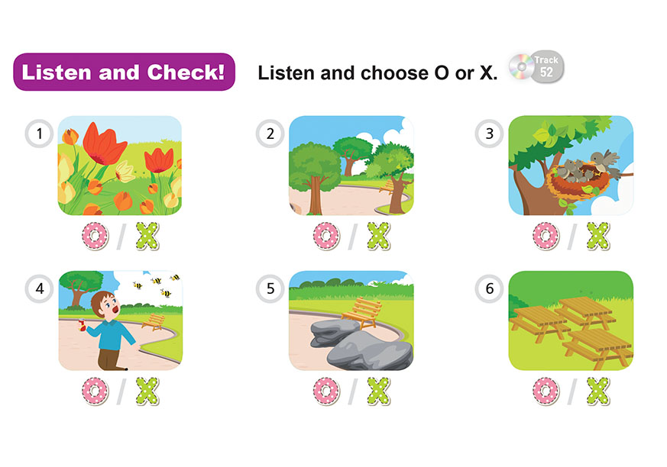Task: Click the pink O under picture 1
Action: [96, 237]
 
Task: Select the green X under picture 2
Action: [379, 237]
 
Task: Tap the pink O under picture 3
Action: [546, 237]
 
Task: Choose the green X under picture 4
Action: [147, 391]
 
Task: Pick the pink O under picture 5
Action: [327, 391]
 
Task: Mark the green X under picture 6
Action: [598, 391]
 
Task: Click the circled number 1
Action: [39, 134]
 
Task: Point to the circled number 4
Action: [39, 289]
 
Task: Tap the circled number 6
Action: [489, 289]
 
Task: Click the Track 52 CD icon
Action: [537, 66]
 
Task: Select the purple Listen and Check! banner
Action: [125, 72]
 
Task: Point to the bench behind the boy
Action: [154, 322]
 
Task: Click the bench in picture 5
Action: [361, 313]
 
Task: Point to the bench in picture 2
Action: [387, 187]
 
